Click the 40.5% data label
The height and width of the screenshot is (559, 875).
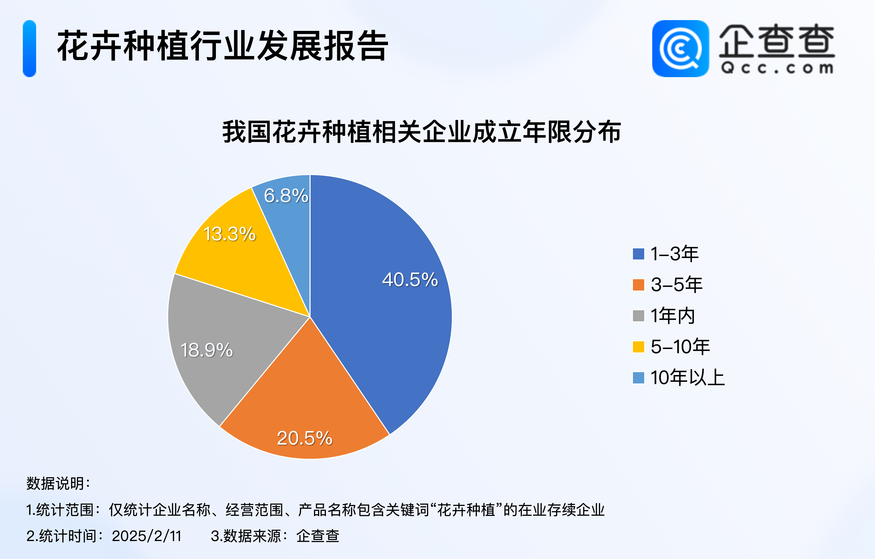(410, 280)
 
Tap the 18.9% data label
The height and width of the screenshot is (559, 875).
(206, 350)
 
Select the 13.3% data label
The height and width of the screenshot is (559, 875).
(229, 234)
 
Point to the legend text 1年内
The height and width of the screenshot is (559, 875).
(673, 316)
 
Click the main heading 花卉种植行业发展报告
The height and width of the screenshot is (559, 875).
(223, 46)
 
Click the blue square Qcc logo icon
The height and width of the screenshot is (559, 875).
(680, 48)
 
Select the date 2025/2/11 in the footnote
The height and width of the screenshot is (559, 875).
(146, 536)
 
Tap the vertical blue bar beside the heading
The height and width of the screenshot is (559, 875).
(29, 48)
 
